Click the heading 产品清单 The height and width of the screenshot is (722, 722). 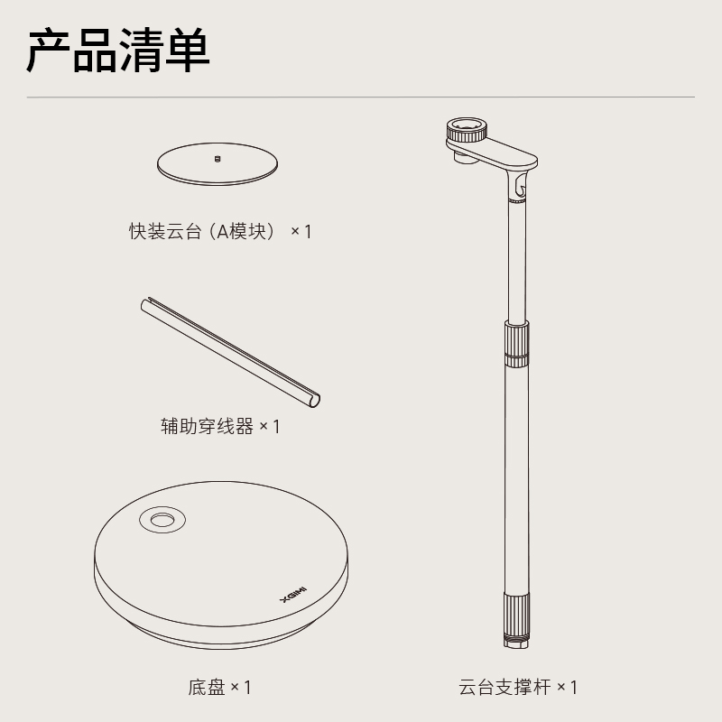pyautogui.click(x=118, y=51)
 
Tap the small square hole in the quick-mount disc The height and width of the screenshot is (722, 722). pyautogui.click(x=218, y=160)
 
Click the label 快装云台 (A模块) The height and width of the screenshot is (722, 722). pyautogui.click(x=202, y=231)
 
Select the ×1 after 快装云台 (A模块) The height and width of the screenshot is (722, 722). pyautogui.click(x=301, y=232)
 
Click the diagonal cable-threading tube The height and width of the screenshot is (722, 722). pyautogui.click(x=230, y=352)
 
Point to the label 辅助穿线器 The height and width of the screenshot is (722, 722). pyautogui.click(x=207, y=426)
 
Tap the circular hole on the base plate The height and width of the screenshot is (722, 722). pyautogui.click(x=162, y=520)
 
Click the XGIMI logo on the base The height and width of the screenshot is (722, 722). pyautogui.click(x=294, y=595)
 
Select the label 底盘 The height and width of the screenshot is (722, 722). pyautogui.click(x=207, y=688)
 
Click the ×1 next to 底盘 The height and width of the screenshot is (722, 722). pyautogui.click(x=241, y=688)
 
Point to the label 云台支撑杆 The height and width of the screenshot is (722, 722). pyautogui.click(x=505, y=688)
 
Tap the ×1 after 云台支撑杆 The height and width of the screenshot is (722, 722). pyautogui.click(x=568, y=688)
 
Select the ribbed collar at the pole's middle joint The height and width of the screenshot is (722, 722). pyautogui.click(x=516, y=344)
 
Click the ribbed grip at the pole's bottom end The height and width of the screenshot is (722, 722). pyautogui.click(x=516, y=615)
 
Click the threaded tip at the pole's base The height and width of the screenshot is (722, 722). pyautogui.click(x=516, y=642)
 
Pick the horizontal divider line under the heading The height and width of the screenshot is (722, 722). pyautogui.click(x=360, y=97)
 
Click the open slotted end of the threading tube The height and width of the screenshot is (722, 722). pyautogui.click(x=314, y=401)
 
